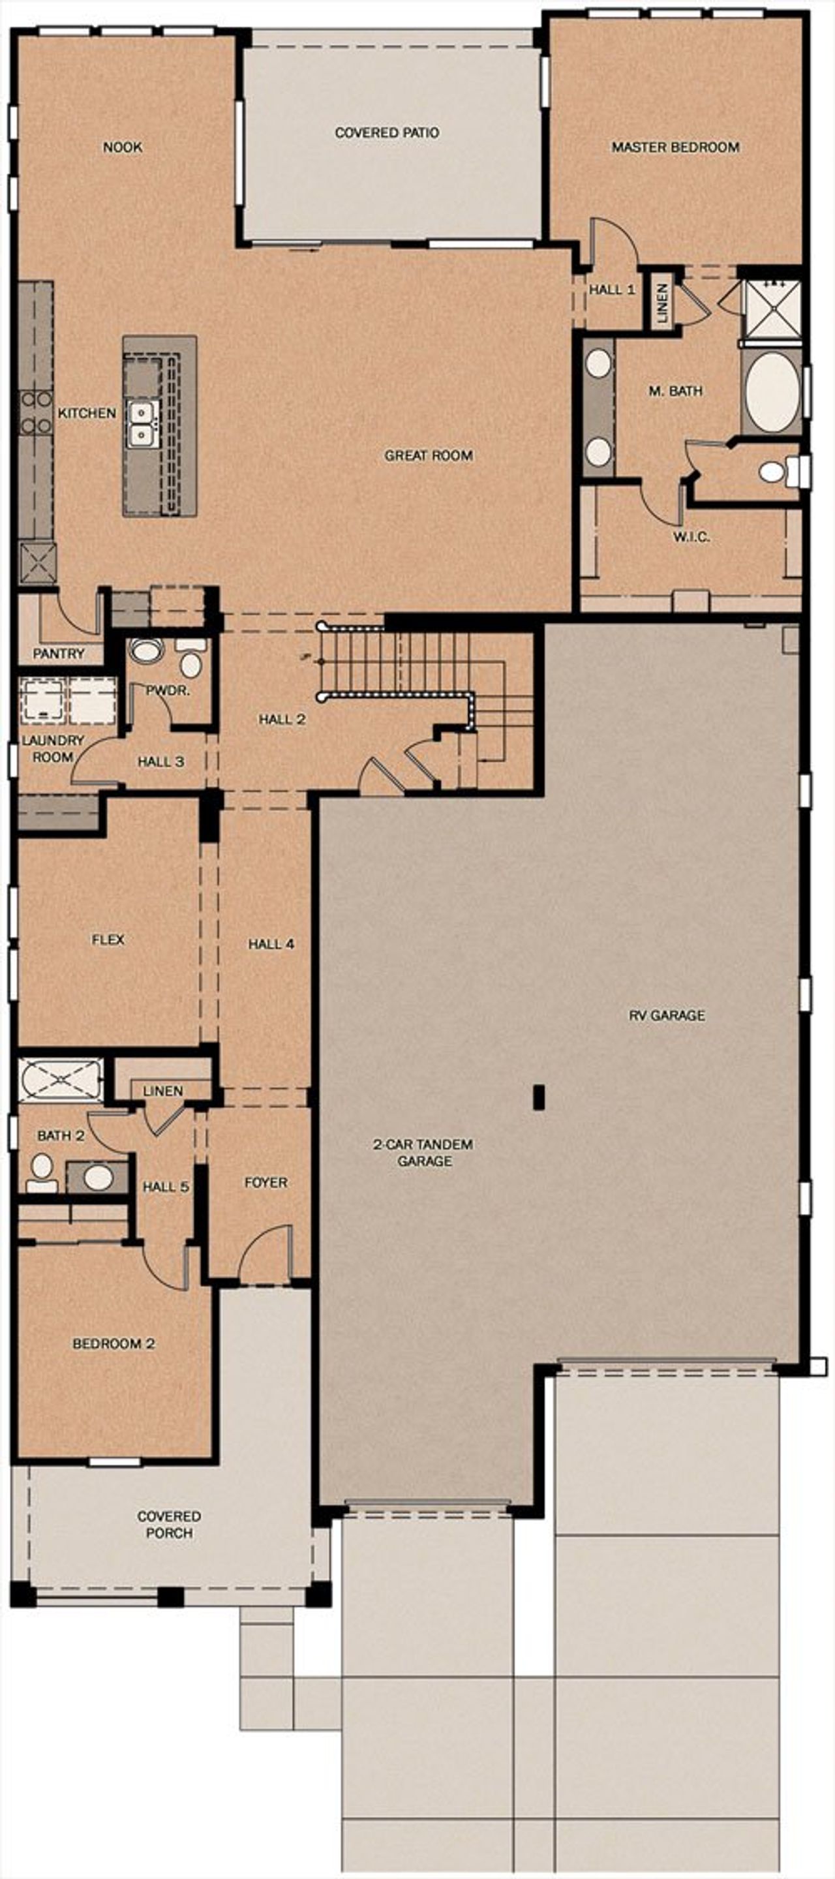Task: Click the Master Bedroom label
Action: pos(675,147)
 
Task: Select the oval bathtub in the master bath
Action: pos(772,394)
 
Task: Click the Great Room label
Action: pos(428,456)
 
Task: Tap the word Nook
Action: pos(123,147)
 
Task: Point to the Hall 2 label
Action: pos(282,719)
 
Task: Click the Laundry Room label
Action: pos(52,748)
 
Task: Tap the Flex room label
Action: pos(108,939)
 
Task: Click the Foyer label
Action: pos(266,1182)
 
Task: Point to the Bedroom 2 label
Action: pos(113,1343)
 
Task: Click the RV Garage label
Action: pos(667,1015)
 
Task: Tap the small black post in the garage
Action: pos(539,1098)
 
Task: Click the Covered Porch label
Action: pos(169,1525)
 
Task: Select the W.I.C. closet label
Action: pos(691,538)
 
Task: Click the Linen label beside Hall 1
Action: pos(662,303)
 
